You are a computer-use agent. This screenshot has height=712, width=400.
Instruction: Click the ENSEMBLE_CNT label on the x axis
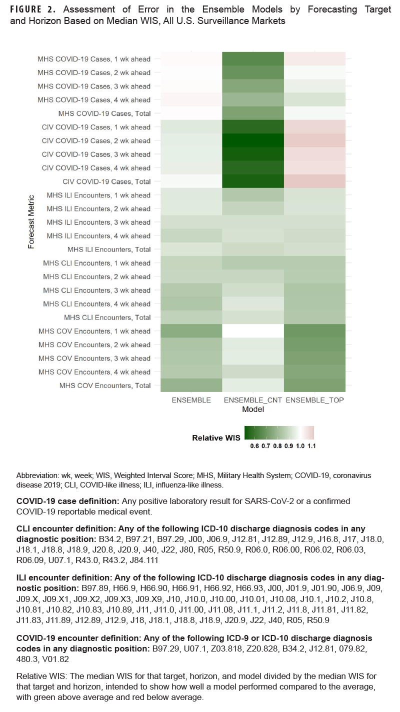(x=253, y=400)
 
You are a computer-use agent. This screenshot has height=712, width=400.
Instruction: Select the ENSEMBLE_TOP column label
(x=314, y=400)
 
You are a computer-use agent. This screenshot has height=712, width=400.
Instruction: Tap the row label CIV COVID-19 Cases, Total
(x=106, y=181)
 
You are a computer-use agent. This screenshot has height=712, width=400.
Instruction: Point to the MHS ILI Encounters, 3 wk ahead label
(x=98, y=222)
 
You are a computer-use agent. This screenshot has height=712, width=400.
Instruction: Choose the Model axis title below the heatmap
(x=253, y=409)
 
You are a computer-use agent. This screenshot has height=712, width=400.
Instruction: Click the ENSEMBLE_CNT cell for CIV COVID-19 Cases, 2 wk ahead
(x=253, y=140)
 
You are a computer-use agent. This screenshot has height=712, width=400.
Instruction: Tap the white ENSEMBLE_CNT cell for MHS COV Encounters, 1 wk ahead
(x=253, y=331)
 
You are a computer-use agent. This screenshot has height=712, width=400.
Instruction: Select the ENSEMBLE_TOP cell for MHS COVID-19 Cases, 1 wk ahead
(x=314, y=59)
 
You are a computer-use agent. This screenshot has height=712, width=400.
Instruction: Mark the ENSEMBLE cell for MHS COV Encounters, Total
(x=191, y=385)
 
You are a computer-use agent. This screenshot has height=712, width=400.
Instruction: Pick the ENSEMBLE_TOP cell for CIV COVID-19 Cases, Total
(x=314, y=181)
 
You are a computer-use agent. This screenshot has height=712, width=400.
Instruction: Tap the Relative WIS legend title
(x=216, y=437)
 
